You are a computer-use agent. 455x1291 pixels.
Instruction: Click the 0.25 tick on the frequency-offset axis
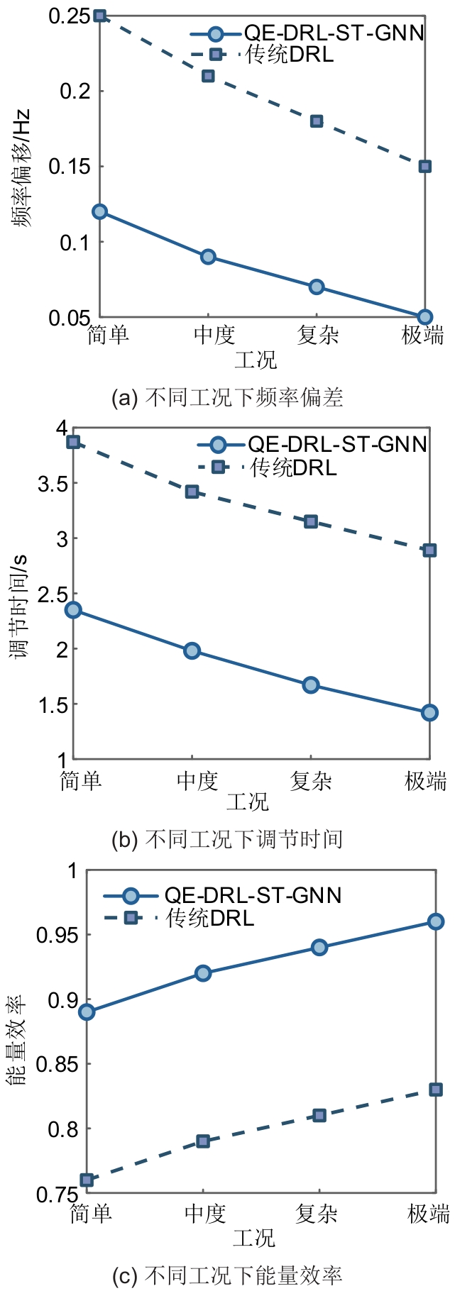(x=69, y=16)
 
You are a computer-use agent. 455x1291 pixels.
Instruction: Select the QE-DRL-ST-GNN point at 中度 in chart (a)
(x=208, y=257)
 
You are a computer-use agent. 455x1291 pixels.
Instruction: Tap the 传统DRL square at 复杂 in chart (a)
(x=317, y=121)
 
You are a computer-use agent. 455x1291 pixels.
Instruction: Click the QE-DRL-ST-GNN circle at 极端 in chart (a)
(x=424, y=317)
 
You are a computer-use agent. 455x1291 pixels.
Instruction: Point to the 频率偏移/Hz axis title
(x=21, y=168)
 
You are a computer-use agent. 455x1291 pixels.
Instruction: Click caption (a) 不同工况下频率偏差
(x=227, y=397)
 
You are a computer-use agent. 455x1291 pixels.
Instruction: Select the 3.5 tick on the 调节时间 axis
(x=53, y=484)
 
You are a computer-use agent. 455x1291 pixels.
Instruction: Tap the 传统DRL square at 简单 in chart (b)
(x=73, y=442)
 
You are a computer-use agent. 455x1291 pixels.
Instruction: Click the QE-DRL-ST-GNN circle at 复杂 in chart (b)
(x=310, y=685)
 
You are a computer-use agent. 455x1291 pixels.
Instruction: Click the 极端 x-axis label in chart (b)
(x=425, y=781)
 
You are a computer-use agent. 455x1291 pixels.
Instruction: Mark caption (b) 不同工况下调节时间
(x=227, y=839)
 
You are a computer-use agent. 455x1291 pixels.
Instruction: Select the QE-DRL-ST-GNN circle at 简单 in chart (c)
(x=87, y=1012)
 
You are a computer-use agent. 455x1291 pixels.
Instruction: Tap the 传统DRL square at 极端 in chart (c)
(x=436, y=1090)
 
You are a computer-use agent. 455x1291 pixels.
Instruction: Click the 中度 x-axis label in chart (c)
(x=204, y=1214)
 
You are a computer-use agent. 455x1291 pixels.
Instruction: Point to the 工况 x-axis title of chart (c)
(x=253, y=1238)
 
